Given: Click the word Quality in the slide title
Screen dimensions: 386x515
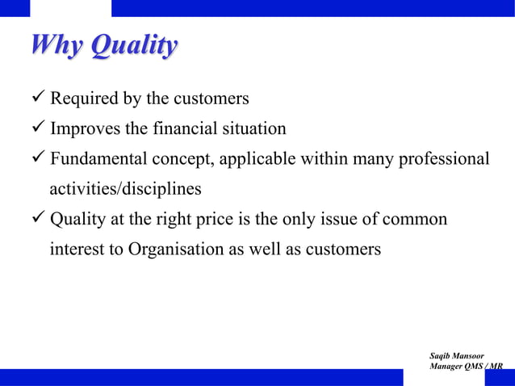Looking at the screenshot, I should (x=134, y=46).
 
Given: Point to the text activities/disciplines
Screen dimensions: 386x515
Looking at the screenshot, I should (x=125, y=189).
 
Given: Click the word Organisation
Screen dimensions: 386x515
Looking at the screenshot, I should (x=174, y=250).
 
